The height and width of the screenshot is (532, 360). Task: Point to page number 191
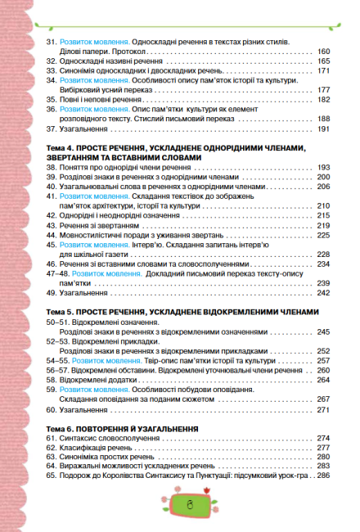point(322,128)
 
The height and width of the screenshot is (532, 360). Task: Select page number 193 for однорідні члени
point(322,167)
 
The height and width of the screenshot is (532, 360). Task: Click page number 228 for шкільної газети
point(322,255)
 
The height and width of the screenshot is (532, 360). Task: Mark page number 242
point(322,293)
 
